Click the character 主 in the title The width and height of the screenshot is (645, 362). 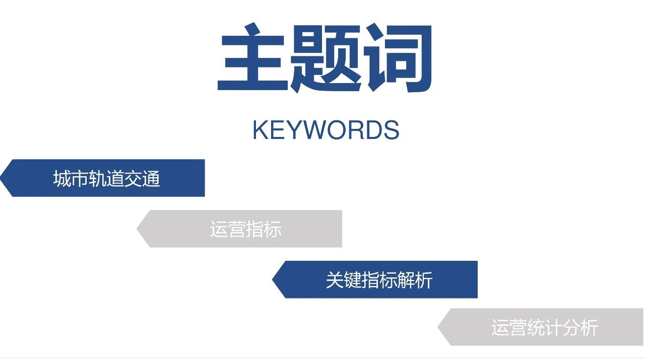click(x=252, y=57)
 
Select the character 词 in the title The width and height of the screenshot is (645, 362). click(x=398, y=57)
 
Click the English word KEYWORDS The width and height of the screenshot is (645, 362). click(x=326, y=130)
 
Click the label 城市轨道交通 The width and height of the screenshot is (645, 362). click(x=106, y=178)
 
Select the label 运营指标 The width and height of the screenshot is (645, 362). click(x=245, y=229)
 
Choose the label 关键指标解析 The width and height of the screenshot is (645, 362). click(x=379, y=280)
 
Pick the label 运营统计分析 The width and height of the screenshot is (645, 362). click(x=545, y=327)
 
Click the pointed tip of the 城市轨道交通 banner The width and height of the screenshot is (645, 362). click(x=1, y=178)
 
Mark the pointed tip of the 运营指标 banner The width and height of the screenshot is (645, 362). click(x=137, y=229)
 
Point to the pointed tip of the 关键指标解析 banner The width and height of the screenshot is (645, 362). click(x=273, y=279)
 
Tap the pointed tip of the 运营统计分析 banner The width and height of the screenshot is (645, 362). click(x=438, y=327)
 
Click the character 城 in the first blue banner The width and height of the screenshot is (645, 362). click(x=62, y=178)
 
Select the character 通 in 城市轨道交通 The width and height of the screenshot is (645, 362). click(x=151, y=178)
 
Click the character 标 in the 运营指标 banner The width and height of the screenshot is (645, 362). click(x=273, y=229)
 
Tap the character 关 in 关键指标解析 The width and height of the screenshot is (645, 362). click(x=335, y=280)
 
